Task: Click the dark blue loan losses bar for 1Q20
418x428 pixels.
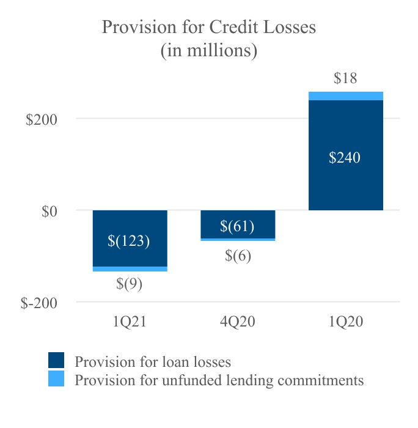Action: point(345,183)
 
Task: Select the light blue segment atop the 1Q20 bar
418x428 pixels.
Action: point(345,96)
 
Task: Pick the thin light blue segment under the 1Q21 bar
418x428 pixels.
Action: point(130,269)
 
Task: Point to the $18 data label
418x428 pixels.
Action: point(345,78)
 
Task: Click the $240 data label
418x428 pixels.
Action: point(345,158)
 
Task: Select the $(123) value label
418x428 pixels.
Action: point(129,240)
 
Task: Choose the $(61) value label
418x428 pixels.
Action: point(237,227)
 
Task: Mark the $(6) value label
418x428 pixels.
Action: point(238,256)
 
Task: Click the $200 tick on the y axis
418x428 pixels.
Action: point(42,119)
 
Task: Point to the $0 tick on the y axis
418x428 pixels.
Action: point(50,211)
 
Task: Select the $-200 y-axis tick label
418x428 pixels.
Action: point(39,303)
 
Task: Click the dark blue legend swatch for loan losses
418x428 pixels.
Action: point(56,360)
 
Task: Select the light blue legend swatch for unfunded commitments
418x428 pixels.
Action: point(56,378)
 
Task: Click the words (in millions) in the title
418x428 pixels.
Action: point(209,51)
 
